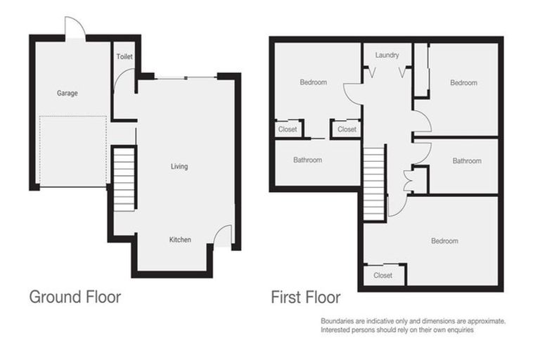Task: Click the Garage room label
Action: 67,94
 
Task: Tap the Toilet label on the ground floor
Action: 124,56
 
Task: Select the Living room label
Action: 179,167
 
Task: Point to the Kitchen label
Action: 180,240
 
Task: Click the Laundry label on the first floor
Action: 387,55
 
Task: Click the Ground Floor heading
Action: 75,297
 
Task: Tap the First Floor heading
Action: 305,297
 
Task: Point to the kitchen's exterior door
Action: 222,236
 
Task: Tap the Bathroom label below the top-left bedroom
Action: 307,160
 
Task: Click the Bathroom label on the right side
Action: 467,161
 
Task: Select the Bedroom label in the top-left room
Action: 313,82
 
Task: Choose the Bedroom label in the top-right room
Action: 463,83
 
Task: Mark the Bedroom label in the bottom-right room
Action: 444,241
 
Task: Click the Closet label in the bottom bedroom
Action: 383,276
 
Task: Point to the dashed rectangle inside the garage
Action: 73,151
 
